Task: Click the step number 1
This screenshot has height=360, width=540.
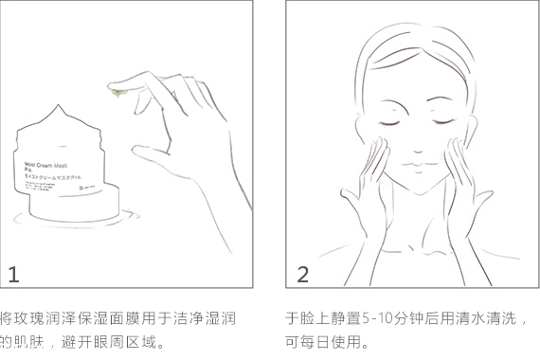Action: click(13, 275)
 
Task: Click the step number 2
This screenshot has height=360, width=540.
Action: click(303, 275)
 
